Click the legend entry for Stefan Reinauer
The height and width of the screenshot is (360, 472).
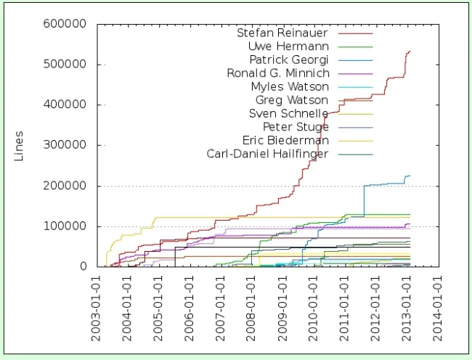click(282, 33)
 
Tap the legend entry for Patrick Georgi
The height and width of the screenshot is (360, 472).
click(289, 60)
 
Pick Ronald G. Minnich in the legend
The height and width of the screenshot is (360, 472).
click(278, 73)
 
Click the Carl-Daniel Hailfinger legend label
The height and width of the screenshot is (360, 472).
click(268, 154)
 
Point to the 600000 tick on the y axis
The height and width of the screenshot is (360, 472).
click(67, 24)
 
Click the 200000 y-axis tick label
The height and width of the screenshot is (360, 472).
click(67, 186)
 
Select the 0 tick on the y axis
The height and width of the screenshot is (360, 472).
click(84, 266)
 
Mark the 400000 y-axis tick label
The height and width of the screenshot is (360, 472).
click(67, 105)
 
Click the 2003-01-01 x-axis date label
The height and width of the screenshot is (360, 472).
click(96, 305)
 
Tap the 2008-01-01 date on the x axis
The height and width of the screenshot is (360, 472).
click(251, 305)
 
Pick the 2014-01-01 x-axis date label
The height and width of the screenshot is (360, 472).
click(438, 305)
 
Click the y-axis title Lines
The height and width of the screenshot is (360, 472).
click(20, 145)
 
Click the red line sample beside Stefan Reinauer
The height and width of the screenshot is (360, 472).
click(361, 33)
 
